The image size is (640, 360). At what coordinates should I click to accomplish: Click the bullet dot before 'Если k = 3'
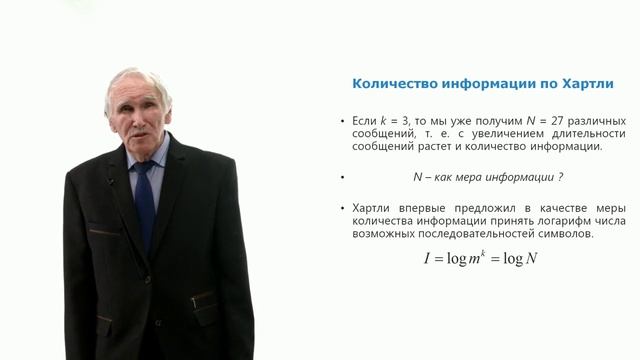(x=341, y=120)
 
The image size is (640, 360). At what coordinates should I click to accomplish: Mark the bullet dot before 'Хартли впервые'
(x=341, y=208)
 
